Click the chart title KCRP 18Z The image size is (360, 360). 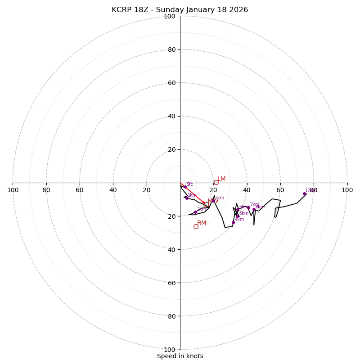point(180,10)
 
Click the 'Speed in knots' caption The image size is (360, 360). point(180,356)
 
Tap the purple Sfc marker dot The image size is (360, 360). point(185,187)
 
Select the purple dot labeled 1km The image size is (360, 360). point(187,198)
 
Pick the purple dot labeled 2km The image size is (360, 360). point(195,212)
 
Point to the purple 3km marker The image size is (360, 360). point(213,201)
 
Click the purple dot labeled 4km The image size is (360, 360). point(233,222)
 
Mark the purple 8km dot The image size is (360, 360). point(254,210)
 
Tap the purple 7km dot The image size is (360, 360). point(248,207)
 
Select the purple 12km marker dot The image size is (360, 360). point(304,194)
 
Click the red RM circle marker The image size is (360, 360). point(196,226)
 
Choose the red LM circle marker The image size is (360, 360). point(216,182)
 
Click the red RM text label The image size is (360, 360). point(202,223)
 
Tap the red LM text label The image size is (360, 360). point(221,179)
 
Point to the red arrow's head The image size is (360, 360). point(205,204)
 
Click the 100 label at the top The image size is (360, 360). point(170,16)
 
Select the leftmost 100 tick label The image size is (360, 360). point(13,190)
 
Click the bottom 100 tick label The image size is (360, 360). point(170,350)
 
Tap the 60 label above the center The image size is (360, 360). point(171,83)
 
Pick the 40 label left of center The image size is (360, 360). point(113,190)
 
